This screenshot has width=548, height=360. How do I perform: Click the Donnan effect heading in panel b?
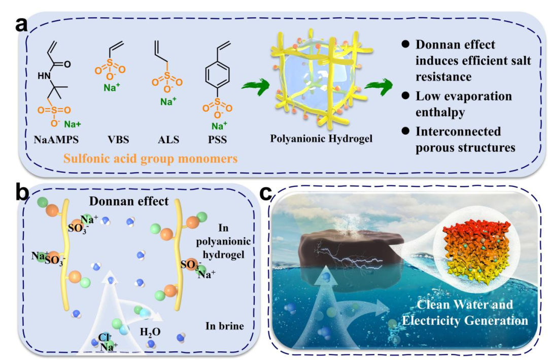coord(128,201)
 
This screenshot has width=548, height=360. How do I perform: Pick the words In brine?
coord(224,325)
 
